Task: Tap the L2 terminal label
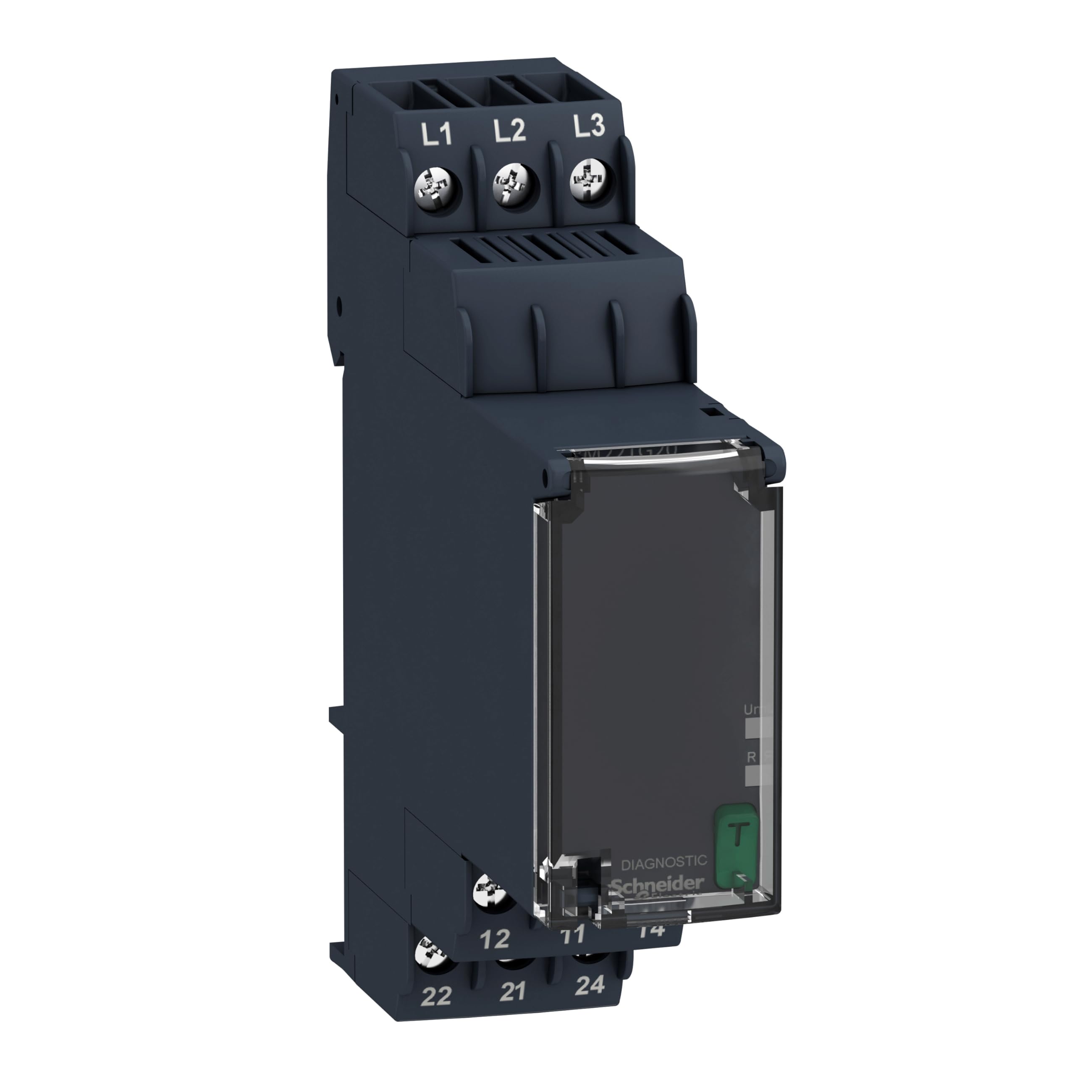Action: tap(510, 131)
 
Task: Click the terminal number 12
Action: tap(494, 939)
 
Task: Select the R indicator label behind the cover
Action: tap(752, 757)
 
